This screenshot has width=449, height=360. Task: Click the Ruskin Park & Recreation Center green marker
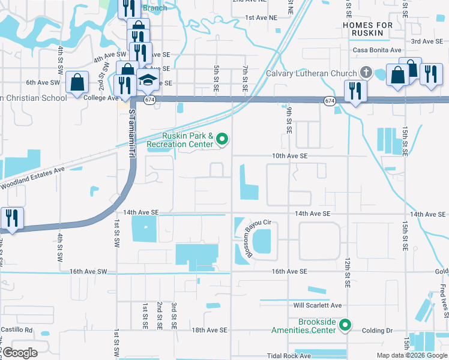tap(223, 140)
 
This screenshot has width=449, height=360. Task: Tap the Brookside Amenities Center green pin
tap(345, 326)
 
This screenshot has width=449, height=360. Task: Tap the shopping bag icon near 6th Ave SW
tap(78, 82)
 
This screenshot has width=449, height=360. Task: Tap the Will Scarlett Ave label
tap(318, 305)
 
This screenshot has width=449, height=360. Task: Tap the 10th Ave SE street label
tap(289, 155)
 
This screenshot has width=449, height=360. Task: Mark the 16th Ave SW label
tap(88, 272)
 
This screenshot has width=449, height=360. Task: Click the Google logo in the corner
tap(20, 353)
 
